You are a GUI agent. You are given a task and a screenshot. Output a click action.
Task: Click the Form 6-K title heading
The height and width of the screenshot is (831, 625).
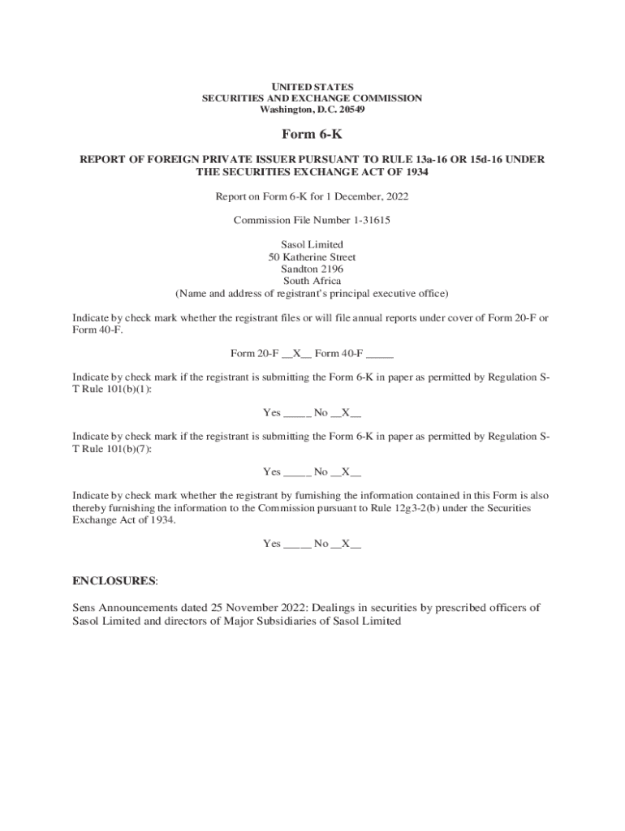tap(312, 134)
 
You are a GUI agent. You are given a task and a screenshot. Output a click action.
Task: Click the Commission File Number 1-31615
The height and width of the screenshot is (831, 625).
tap(312, 220)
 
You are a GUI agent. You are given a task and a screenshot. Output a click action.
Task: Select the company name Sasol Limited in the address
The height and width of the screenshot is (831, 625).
tap(312, 244)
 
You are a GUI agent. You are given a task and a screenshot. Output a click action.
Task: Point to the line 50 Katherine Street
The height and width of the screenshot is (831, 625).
tap(312, 257)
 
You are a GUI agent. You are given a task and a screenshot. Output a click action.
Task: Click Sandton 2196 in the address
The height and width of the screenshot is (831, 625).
tap(312, 269)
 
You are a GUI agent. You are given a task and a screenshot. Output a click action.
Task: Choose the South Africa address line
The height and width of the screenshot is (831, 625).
tap(312, 281)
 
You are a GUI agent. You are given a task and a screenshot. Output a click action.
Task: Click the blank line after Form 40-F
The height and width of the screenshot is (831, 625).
tap(380, 354)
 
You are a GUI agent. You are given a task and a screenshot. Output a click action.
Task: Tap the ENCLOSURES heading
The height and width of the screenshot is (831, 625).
tap(114, 581)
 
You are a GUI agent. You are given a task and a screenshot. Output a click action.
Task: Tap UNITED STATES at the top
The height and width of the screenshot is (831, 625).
tap(312, 86)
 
